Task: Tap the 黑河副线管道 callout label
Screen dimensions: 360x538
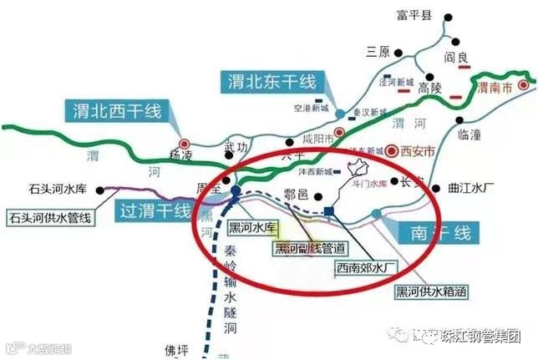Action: (310, 248)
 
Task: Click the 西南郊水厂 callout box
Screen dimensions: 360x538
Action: (365, 269)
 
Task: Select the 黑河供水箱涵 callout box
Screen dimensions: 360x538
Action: (430, 292)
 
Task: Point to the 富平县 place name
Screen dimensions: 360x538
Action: (415, 16)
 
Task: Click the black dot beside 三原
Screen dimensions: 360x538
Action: (403, 52)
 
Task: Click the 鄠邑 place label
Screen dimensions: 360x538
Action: (297, 195)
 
